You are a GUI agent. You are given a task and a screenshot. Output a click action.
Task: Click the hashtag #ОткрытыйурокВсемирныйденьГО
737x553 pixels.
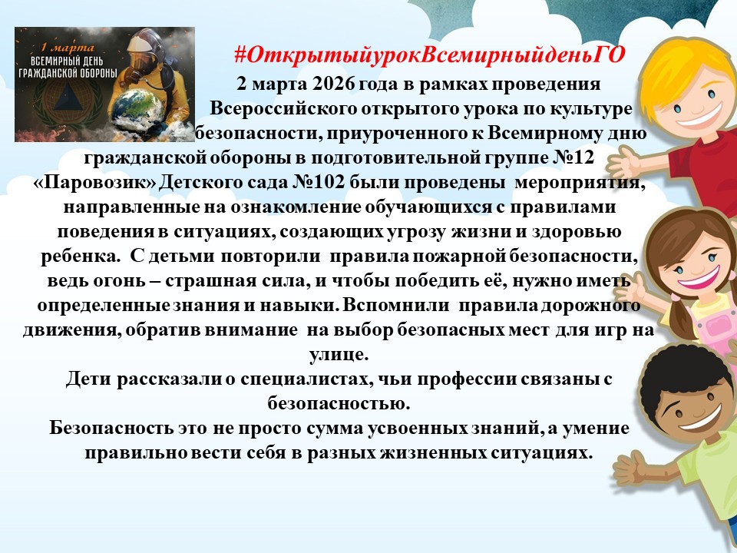click(x=429, y=56)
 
